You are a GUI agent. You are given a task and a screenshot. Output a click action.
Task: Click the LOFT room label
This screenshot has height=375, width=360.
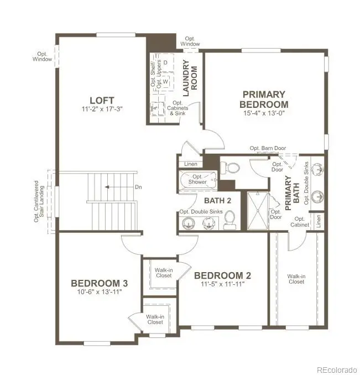[x=102, y=100]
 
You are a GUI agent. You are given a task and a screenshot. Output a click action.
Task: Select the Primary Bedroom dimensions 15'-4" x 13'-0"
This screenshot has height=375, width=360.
[x=263, y=113]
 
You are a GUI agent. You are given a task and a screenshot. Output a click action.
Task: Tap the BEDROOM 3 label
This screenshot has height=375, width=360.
[x=100, y=283]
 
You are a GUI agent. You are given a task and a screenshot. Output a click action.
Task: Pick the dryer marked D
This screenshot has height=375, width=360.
[x=165, y=62]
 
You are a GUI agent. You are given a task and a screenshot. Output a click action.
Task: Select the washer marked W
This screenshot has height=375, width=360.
[x=165, y=82]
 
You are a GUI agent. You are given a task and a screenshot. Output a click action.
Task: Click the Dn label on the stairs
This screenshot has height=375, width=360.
[x=138, y=187]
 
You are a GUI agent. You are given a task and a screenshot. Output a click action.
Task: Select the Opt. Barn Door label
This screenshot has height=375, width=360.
[x=268, y=148]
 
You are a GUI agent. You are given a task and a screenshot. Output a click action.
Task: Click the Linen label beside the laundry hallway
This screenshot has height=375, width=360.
[x=191, y=164]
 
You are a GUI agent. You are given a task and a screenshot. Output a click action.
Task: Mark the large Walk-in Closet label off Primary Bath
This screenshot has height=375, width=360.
[x=296, y=278]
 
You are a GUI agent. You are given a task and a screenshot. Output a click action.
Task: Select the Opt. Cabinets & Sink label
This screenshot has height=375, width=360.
[x=179, y=108]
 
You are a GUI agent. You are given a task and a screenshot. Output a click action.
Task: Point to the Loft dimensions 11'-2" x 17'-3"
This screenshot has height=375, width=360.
[x=101, y=110]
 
